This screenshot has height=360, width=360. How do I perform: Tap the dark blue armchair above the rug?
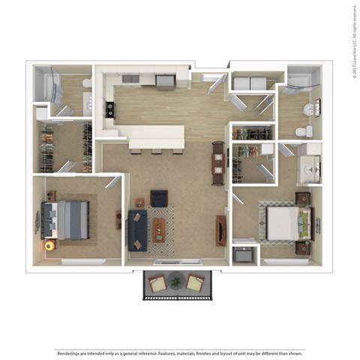pyautogui.click(x=159, y=198)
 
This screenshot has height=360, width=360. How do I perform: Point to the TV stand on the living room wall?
pyautogui.click(x=220, y=229)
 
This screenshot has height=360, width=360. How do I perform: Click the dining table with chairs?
pyautogui.click(x=217, y=163)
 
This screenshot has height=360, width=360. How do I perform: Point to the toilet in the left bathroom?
pyautogui.click(x=86, y=83)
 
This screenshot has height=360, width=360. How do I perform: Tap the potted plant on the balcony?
pyautogui.click(x=176, y=282)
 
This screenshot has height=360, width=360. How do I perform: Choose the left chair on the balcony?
pyautogui.click(x=157, y=283)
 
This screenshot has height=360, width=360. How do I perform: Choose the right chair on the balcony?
pyautogui.click(x=194, y=283)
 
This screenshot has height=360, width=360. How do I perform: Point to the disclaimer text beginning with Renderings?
pyautogui.click(x=179, y=352)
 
